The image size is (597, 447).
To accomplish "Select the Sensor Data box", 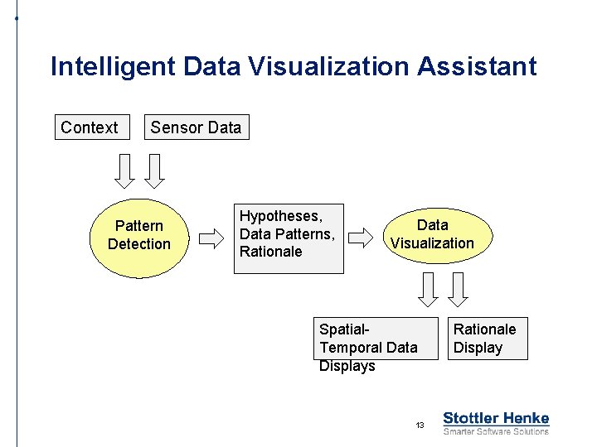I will [x=196, y=127].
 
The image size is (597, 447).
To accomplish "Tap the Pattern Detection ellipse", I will [x=139, y=235].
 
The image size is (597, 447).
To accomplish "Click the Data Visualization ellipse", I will [x=432, y=234].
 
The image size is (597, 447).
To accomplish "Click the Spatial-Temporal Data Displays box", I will [x=376, y=339].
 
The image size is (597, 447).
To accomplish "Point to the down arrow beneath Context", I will [x=124, y=171].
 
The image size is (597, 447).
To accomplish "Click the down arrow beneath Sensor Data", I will [x=155, y=171].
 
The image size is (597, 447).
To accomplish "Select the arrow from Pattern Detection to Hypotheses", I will [x=213, y=239].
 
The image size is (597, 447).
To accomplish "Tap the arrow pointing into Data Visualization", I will [x=361, y=239].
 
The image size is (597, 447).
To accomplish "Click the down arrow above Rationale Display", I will [x=459, y=289].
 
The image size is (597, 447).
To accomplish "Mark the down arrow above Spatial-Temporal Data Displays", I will [x=428, y=289].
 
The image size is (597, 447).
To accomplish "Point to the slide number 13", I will [x=420, y=425].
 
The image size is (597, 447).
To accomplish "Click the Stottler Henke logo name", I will [x=496, y=418].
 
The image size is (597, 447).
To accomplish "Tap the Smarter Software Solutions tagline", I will [x=496, y=431].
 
